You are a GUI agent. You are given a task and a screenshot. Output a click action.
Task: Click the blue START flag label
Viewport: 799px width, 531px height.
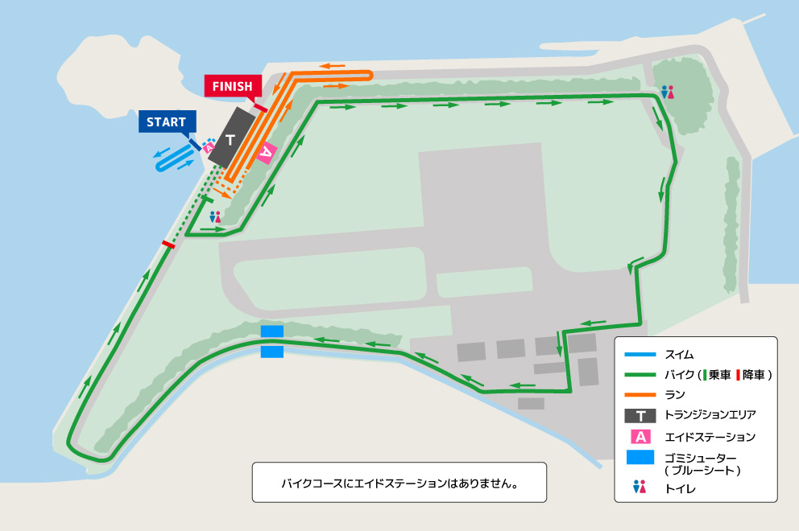click(x=166, y=122)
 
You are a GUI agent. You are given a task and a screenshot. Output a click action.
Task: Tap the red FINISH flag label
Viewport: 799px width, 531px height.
click(x=233, y=86)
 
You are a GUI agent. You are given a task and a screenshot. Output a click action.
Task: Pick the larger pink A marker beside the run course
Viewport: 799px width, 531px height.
click(x=267, y=152)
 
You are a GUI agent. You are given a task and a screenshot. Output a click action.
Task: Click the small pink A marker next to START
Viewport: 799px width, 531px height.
click(x=208, y=147)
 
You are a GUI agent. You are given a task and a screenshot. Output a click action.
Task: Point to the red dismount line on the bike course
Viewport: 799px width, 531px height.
click(x=168, y=244)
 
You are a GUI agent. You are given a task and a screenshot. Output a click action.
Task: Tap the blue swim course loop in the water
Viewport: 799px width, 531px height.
click(x=172, y=160)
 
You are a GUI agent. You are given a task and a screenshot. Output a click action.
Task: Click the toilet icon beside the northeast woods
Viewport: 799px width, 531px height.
click(x=667, y=93)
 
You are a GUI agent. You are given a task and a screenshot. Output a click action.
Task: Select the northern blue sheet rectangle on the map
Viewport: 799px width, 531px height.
click(x=272, y=331)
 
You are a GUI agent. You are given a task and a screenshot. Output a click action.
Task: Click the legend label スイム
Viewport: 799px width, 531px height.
click(x=679, y=354)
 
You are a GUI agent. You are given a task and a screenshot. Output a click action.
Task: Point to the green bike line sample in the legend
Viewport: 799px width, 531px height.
click(x=640, y=375)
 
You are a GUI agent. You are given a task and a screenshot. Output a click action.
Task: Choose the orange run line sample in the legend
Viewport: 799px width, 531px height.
click(x=640, y=395)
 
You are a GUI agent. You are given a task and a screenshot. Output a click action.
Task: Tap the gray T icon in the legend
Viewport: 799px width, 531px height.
click(x=640, y=416)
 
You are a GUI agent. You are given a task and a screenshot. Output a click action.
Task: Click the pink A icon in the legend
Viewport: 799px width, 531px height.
click(x=640, y=437)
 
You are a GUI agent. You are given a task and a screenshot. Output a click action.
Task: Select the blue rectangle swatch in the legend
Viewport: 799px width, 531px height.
click(x=640, y=458)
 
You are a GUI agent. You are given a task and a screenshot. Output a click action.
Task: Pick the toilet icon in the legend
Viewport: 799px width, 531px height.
click(x=640, y=487)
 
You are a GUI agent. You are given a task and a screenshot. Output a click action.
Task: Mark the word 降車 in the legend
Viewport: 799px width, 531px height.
click(x=755, y=375)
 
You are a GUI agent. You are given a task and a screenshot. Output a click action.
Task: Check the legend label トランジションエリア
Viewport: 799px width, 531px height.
click(x=710, y=416)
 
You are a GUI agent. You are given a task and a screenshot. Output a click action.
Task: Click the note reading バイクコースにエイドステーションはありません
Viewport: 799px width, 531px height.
click(x=399, y=484)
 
